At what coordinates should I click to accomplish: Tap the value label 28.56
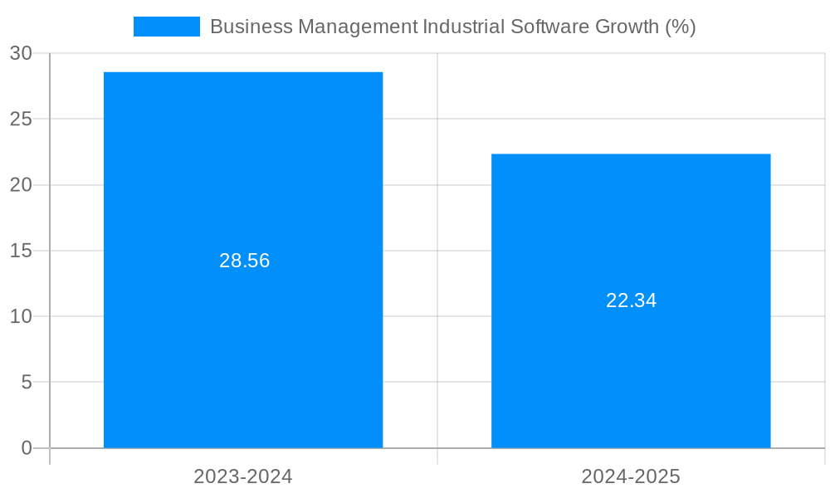pos(245,261)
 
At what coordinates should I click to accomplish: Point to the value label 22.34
pos(631,300)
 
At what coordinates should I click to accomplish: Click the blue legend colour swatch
pos(167,27)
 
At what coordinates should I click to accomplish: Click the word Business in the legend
pos(251,27)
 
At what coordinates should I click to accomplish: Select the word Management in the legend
pos(358,27)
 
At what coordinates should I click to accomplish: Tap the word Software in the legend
pos(549,27)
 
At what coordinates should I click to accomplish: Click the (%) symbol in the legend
pos(681,27)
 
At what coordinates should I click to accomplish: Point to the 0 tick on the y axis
pos(27,448)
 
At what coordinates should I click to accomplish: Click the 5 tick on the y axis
pos(27,383)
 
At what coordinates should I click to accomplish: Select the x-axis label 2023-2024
pos(243,476)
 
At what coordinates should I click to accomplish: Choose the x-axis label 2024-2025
pos(631,476)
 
